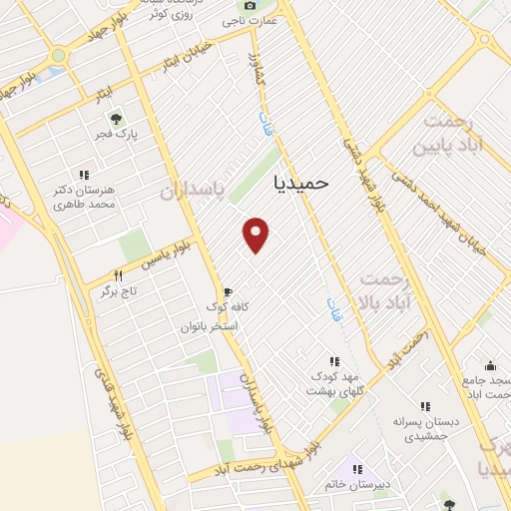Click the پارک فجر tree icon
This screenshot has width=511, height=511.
(x=116, y=119)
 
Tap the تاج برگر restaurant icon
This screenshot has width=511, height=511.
(x=118, y=275)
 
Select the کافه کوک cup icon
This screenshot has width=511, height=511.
(x=228, y=292)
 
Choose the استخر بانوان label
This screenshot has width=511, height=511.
(x=211, y=326)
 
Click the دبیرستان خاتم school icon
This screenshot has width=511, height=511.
(x=357, y=469)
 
